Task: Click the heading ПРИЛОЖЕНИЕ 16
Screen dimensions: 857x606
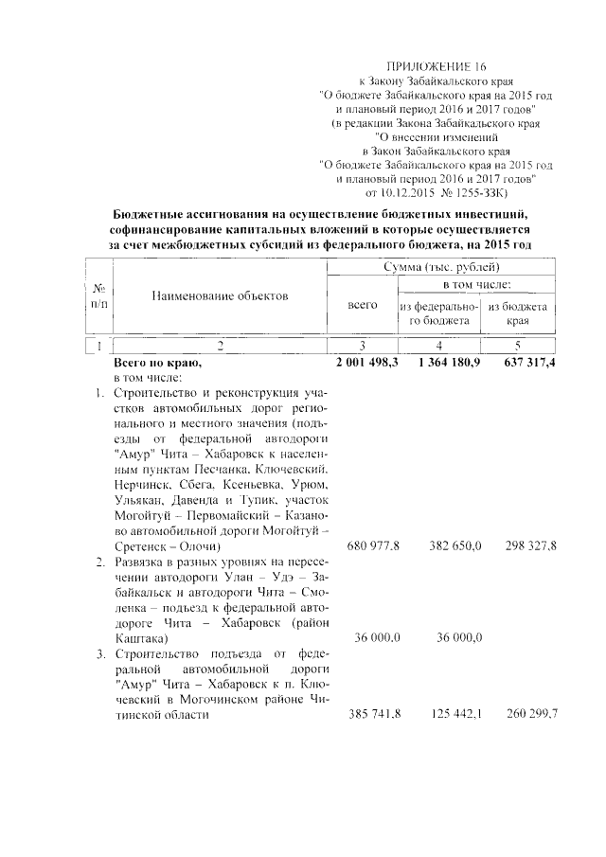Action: click(437, 67)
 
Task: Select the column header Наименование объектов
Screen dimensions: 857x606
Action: click(219, 296)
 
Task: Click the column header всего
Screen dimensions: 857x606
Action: click(363, 306)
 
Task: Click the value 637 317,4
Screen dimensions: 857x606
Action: click(525, 363)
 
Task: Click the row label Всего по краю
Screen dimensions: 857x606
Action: click(157, 363)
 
